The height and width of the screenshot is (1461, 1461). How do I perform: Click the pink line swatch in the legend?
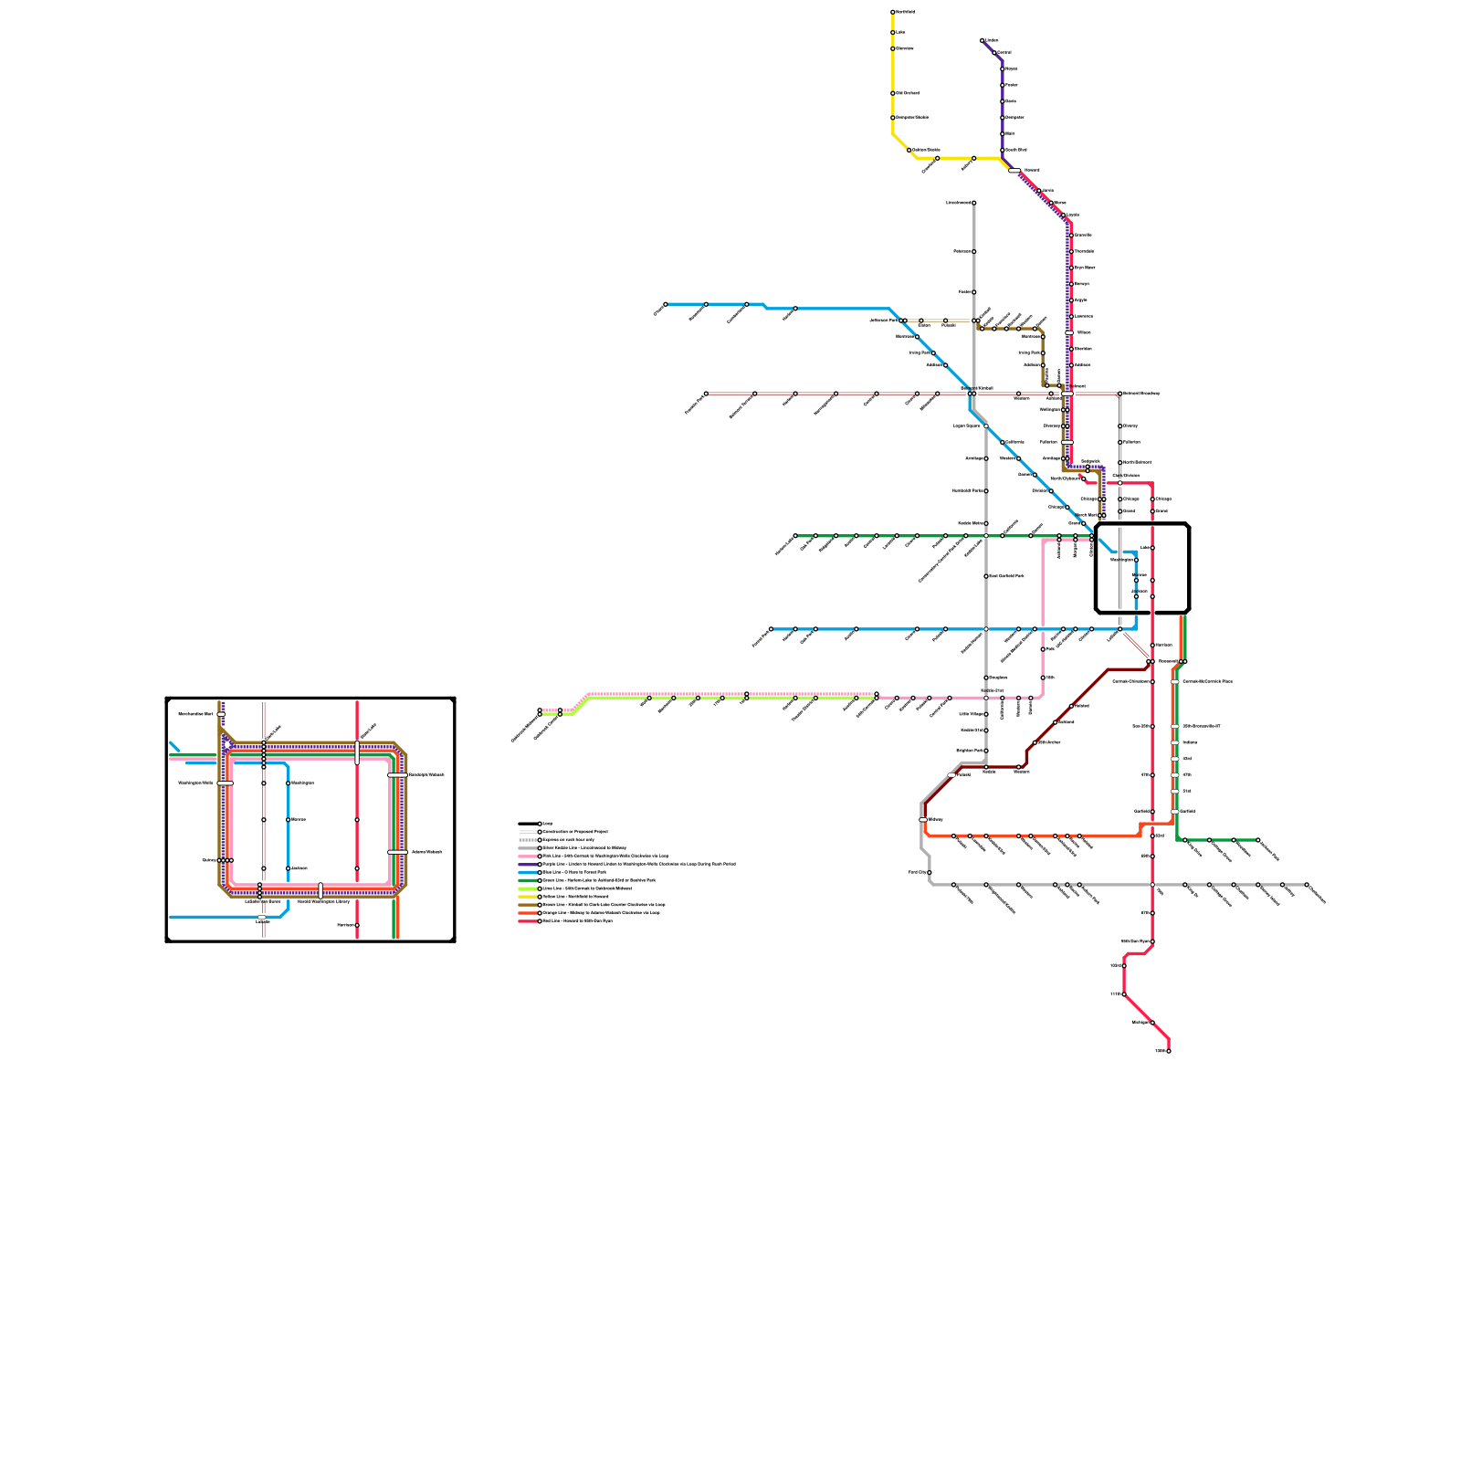(x=528, y=856)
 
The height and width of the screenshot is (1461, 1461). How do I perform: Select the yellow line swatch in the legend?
(x=528, y=897)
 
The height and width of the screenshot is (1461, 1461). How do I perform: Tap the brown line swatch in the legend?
(x=528, y=905)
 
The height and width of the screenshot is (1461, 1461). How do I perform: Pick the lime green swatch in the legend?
(x=528, y=888)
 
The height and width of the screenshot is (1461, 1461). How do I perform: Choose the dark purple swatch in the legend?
(x=528, y=864)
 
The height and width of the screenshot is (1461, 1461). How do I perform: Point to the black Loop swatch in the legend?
(x=528, y=823)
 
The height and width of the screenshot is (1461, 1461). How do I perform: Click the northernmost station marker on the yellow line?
(x=893, y=12)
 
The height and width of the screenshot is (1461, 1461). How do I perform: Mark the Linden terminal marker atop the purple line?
(x=983, y=40)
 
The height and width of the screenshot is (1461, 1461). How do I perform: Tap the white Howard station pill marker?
(x=1014, y=171)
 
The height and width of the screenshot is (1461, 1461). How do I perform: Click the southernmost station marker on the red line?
(x=1168, y=1051)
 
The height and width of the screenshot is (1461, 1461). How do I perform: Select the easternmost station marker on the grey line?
(x=1307, y=885)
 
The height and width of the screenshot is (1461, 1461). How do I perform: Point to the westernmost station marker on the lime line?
(x=540, y=711)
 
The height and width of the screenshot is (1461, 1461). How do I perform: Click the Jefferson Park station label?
(x=884, y=321)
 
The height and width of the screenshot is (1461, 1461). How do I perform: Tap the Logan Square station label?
(x=966, y=426)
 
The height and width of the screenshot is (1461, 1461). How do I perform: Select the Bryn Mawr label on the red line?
(x=1084, y=268)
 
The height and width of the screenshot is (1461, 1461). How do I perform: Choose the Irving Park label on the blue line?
(x=920, y=352)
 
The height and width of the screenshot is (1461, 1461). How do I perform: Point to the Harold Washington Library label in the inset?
(x=323, y=901)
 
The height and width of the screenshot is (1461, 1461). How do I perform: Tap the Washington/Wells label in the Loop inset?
(x=195, y=783)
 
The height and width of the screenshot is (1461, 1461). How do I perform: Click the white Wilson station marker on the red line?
(x=1069, y=332)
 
